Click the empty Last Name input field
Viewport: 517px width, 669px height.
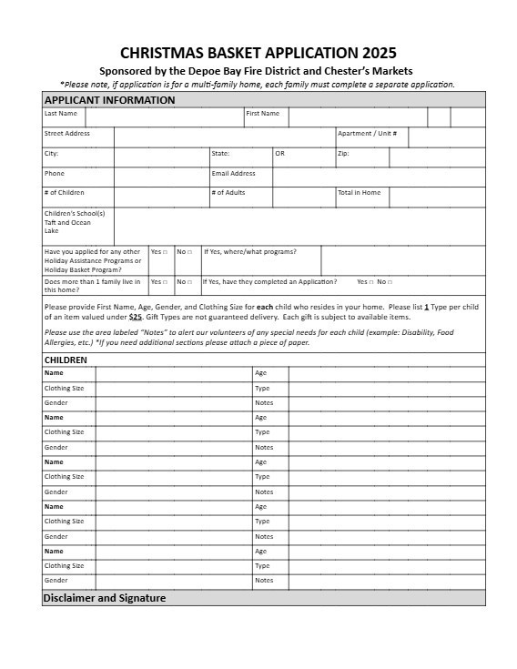(x=164, y=117)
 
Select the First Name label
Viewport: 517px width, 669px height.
(x=263, y=114)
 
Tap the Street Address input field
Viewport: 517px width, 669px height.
(x=224, y=137)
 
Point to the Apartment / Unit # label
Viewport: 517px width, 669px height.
(x=368, y=134)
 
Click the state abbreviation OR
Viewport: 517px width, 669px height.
(x=280, y=154)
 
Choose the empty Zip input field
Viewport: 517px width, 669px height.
(x=437, y=157)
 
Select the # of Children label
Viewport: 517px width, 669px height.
(x=65, y=193)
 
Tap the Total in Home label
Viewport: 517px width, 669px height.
(x=360, y=193)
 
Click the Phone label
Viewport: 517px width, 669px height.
(x=55, y=173)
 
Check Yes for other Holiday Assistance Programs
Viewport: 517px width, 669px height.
(x=165, y=252)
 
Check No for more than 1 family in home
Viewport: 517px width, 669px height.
(x=191, y=282)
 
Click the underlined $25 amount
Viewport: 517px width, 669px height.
(x=136, y=317)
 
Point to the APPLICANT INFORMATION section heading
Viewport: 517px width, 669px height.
(x=109, y=100)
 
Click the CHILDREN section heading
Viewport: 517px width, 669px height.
(x=66, y=360)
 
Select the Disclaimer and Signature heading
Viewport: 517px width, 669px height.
(x=105, y=598)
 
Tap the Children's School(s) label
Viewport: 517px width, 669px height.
(x=75, y=214)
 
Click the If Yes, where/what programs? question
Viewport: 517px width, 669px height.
(x=250, y=251)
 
